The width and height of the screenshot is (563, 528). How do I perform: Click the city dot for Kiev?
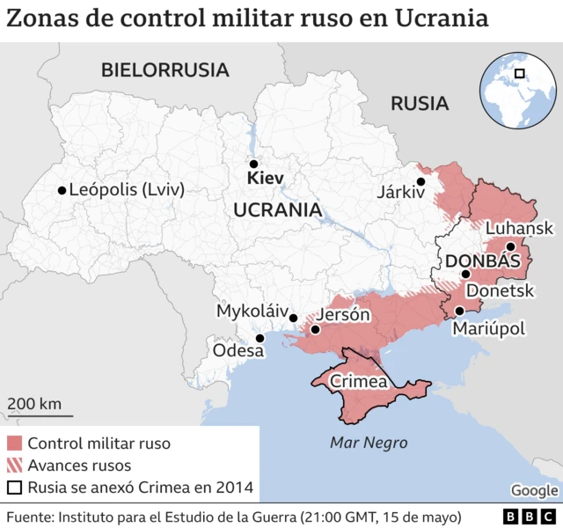coord(253,164)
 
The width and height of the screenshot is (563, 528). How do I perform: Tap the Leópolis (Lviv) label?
coord(126,189)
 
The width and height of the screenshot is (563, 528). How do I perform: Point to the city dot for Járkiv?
coord(421,181)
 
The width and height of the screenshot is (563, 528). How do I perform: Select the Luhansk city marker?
coord(510,246)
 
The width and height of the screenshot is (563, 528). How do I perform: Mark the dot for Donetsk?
coord(466,275)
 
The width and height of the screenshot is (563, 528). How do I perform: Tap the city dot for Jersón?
coord(314,331)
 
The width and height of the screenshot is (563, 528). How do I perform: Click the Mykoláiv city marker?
coord(294,319)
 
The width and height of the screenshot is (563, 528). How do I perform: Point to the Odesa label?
coord(238,351)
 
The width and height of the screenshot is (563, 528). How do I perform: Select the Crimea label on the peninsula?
coord(358,382)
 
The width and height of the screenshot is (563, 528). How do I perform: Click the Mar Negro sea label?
coord(368,442)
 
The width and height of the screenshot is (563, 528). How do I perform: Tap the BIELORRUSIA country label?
coord(165,70)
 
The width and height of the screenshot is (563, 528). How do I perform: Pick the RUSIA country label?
coord(420,103)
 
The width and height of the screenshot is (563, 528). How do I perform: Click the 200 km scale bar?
coord(40,414)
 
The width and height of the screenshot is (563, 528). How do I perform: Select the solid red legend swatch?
coord(13,444)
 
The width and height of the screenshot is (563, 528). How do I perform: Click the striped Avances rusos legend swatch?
coord(13,466)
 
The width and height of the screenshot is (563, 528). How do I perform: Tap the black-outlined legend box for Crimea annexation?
coord(13,488)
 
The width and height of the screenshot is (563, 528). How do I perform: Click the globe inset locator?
coord(518,87)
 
